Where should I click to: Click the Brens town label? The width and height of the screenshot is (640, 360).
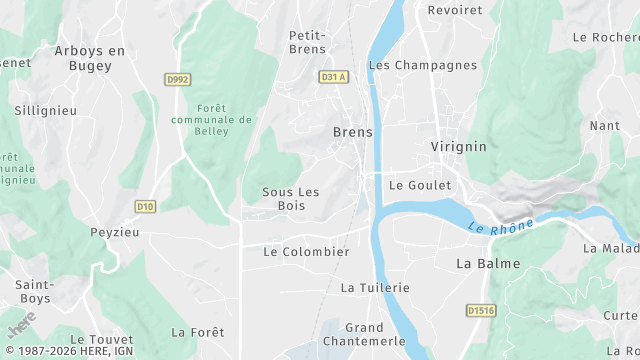(x=352, y=132)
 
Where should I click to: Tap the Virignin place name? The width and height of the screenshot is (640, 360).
(x=458, y=146)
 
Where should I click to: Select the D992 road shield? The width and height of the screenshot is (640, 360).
(x=177, y=79)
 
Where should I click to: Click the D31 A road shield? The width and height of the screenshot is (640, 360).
(x=333, y=77)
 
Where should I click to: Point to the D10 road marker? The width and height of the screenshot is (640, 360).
(x=145, y=207)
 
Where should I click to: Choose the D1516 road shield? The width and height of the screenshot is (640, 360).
(x=482, y=311)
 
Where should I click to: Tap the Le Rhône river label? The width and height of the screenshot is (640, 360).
(x=501, y=225)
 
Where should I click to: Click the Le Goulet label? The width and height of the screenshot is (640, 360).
(x=420, y=185)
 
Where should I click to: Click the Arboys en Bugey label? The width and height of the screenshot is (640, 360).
(x=90, y=57)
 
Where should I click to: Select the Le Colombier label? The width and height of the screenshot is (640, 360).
(x=306, y=252)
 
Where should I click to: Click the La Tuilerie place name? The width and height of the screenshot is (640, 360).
(x=375, y=287)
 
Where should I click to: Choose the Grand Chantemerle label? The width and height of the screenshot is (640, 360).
(x=364, y=334)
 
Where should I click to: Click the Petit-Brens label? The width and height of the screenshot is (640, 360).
(x=308, y=42)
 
